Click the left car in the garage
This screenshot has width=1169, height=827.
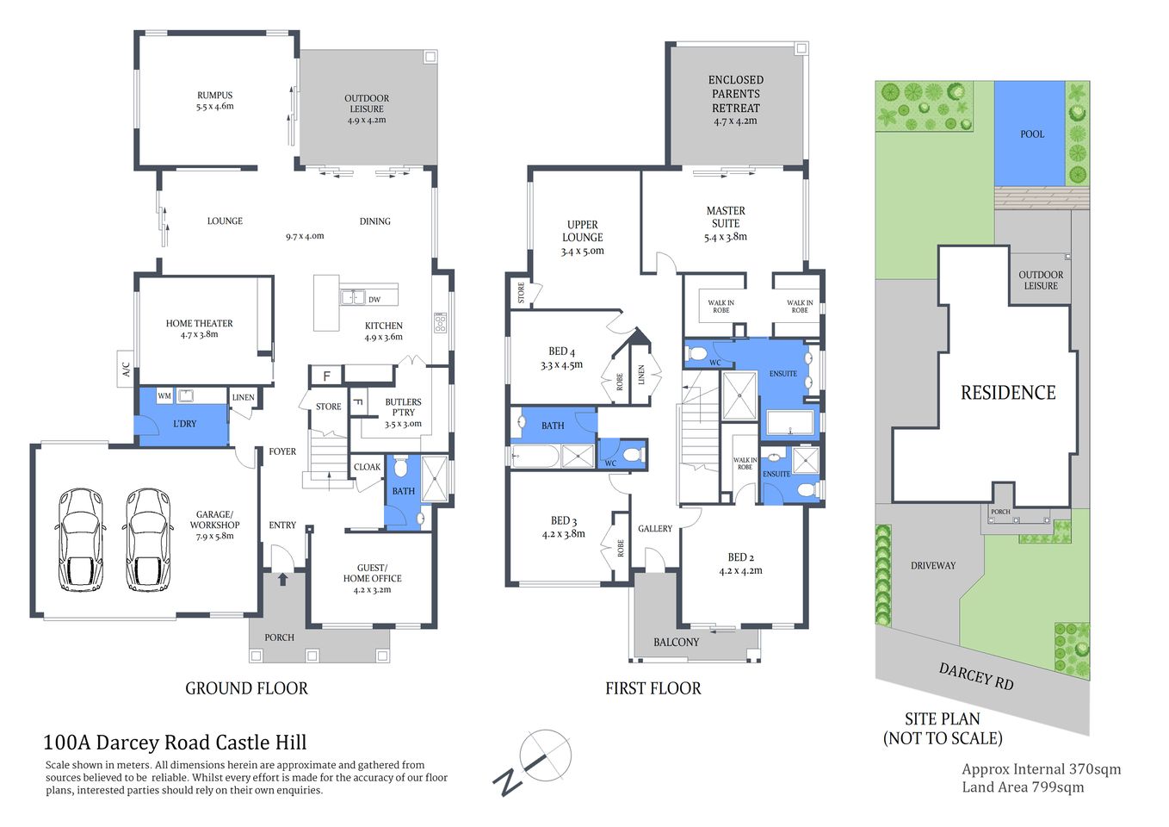(x=81, y=540)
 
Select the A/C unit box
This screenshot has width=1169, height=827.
(x=126, y=369)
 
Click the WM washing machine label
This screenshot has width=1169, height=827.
(x=164, y=396)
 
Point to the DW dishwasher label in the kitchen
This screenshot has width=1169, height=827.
(x=374, y=300)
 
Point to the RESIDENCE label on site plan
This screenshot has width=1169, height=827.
(x=1007, y=393)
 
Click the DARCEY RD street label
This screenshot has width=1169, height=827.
(x=976, y=676)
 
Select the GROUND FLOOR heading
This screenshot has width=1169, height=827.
(x=246, y=688)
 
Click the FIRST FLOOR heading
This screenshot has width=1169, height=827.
(x=653, y=688)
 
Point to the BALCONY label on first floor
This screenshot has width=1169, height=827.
(x=676, y=642)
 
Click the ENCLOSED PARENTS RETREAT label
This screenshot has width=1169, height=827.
(x=736, y=94)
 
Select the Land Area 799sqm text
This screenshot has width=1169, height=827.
(x=1023, y=787)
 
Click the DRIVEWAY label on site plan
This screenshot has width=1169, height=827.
(x=933, y=565)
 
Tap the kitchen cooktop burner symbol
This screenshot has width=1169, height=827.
(x=440, y=323)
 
